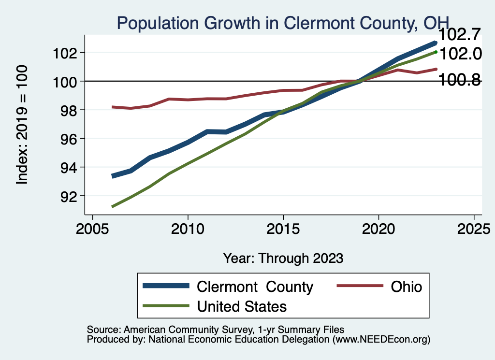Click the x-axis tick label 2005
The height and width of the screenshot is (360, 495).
point(92,229)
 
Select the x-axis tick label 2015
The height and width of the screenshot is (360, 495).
point(283,229)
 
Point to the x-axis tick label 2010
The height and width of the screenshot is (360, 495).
point(188,229)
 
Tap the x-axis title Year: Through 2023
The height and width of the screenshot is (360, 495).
point(283,258)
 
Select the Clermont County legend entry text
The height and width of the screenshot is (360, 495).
point(255,287)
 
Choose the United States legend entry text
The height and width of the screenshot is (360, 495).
point(242,306)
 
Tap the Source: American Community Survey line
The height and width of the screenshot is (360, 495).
point(215,330)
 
